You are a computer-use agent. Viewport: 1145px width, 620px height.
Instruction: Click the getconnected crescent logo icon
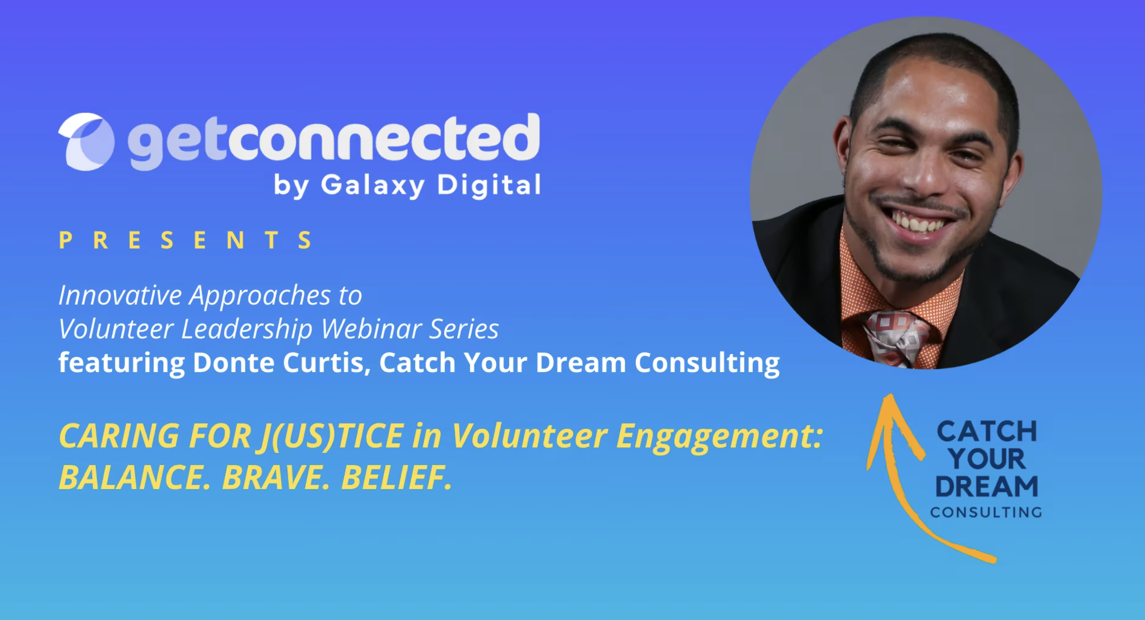point(86,142)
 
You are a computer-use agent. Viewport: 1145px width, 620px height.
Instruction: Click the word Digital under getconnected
point(489,185)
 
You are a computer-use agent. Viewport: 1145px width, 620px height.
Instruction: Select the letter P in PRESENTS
point(65,240)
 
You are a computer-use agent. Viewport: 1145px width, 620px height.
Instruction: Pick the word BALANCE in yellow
point(135,478)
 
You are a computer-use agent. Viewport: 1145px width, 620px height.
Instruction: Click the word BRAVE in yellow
point(276,478)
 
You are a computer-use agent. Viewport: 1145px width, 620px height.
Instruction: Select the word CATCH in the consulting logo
point(987,431)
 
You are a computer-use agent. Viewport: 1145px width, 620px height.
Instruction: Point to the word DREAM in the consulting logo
point(987,486)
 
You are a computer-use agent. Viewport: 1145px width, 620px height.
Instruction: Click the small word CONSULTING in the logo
point(986,512)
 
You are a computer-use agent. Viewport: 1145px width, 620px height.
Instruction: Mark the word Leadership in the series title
point(247,329)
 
